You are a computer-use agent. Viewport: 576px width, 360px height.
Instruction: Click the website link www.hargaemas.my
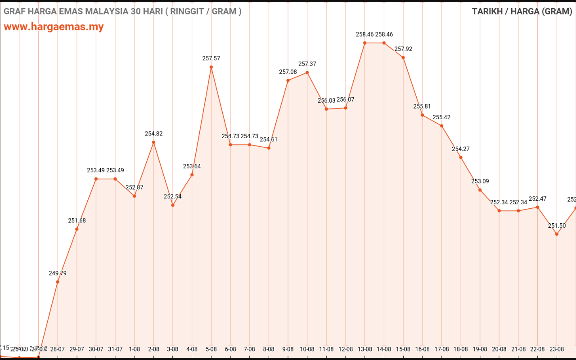pos(54,27)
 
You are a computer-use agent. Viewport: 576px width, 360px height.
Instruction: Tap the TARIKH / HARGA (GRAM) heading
pos(522,11)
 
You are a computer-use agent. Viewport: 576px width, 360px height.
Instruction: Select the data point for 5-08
pos(211,67)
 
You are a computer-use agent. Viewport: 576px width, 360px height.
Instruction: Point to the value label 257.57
pos(211,58)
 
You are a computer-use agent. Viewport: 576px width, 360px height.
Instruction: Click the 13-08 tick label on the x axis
pos(364,349)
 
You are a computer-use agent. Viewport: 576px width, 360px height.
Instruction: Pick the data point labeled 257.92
pos(403,57)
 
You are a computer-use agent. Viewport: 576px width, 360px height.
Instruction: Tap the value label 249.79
pos(58,273)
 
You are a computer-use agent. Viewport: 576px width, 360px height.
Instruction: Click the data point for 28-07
pos(58,282)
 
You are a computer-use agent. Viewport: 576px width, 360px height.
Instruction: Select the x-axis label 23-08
pos(557,349)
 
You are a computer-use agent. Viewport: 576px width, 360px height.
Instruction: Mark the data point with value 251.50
pos(557,234)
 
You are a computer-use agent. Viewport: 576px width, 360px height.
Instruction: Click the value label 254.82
pos(153,134)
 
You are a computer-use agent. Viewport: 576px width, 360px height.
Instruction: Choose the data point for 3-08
pos(173,205)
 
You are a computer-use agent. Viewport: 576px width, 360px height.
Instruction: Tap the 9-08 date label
pos(288,349)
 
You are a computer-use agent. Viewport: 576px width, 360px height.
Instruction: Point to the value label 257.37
pos(307,64)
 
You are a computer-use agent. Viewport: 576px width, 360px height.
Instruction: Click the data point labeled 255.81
pos(422,115)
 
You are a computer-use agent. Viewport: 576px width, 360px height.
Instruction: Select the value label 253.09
pos(480,181)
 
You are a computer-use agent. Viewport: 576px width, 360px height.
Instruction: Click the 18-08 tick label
pos(460,349)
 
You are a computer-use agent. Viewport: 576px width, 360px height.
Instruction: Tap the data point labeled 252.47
pos(537,207)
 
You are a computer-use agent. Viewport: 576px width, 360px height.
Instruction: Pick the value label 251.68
pos(77,220)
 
